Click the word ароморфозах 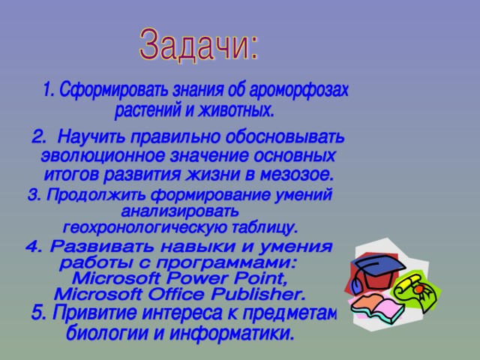[x=299, y=90]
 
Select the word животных [x=235, y=110]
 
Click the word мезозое [x=296, y=175]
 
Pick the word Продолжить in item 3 [x=97, y=194]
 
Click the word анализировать [x=180, y=211]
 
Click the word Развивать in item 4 [x=103, y=246]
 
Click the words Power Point [x=227, y=278]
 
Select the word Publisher [x=258, y=294]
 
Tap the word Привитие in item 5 [x=95, y=313]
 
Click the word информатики [x=231, y=333]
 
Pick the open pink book [x=376, y=307]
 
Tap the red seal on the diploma [x=418, y=289]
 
